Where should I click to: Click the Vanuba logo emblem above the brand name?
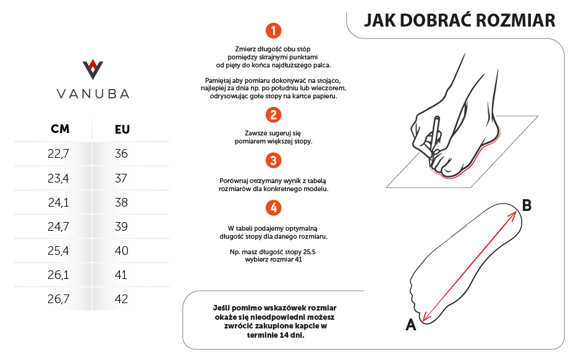pos(93,69)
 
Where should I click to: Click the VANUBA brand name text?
pos(93,94)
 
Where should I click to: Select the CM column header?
pos(60,129)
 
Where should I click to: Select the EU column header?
pos(122,129)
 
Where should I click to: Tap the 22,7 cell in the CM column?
pos(58,154)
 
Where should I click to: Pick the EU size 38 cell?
pos(121,202)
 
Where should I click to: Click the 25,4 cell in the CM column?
pos(58,251)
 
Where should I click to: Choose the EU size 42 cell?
pos(121,299)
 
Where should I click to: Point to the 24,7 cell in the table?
pos(58,226)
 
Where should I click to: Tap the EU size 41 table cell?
pos(121,275)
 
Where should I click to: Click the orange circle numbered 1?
pos(273,30)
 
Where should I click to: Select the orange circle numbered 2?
pos(273,115)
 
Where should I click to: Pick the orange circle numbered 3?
pos(273,161)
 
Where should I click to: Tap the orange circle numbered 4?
pos(273,207)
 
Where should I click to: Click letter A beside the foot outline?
pos(410,325)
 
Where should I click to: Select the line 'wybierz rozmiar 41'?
pos(273,260)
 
